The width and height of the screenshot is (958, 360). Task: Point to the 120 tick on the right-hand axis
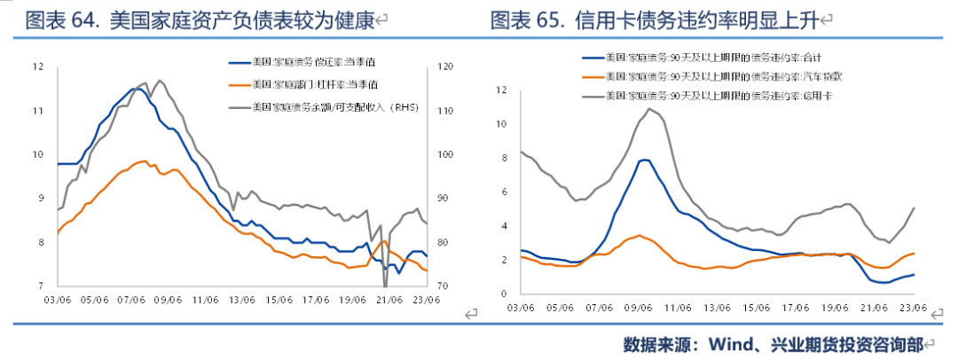444,67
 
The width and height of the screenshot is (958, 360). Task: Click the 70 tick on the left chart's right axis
442,286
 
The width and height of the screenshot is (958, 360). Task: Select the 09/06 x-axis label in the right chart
638,308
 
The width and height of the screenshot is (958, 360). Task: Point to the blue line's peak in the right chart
645,160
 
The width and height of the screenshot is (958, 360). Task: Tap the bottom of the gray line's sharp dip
385,286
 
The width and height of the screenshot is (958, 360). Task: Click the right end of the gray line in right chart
914,208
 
